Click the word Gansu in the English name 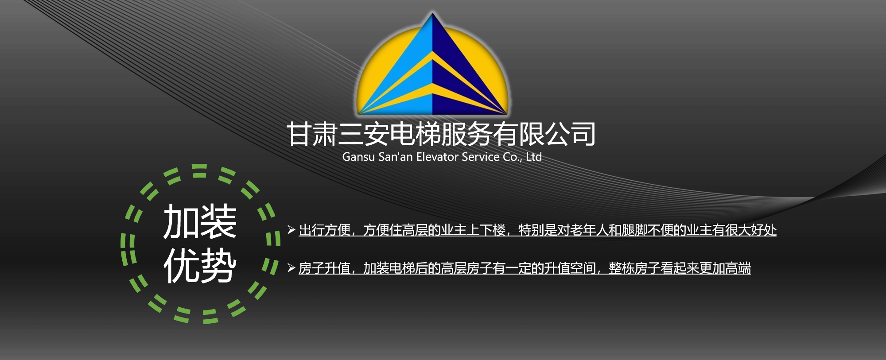pos(358,157)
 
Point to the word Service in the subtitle pos(481,157)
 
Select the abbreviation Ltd pos(534,157)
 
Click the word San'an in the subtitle pos(396,157)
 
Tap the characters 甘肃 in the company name pos(312,134)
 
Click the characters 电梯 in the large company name pos(415,134)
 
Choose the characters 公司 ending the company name pos(570,134)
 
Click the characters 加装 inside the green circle pos(200,221)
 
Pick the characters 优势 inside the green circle pos(200,265)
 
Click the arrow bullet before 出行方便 pos(291,229)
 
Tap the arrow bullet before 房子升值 pos(291,267)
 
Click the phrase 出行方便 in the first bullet pos(325,230)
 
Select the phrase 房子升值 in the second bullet pos(325,268)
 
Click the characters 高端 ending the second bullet pos(738,268)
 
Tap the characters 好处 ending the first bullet pos(764,230)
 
